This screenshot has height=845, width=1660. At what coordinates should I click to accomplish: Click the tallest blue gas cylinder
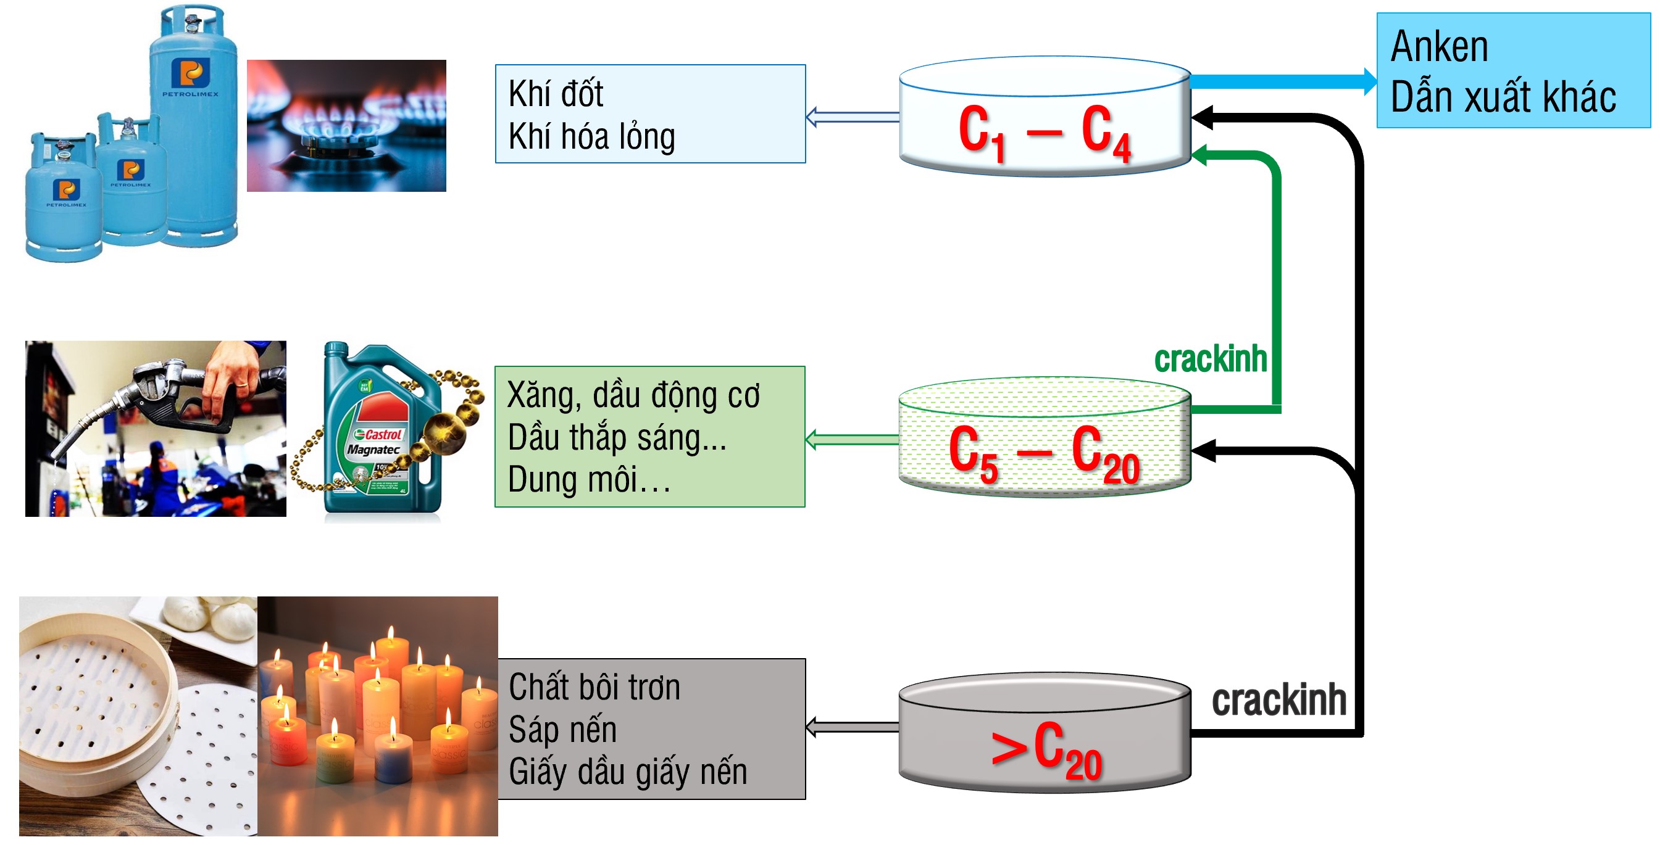[193, 129]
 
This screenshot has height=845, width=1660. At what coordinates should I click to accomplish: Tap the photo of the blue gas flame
[346, 126]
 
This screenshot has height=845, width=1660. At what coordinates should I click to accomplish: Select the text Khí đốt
[556, 93]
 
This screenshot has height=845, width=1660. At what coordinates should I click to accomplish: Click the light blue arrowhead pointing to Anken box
[1369, 82]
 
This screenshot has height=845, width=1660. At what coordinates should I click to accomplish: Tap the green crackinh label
[1210, 360]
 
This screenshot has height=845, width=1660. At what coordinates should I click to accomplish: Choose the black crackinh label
[1278, 700]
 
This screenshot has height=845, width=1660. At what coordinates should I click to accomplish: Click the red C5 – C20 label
[1044, 453]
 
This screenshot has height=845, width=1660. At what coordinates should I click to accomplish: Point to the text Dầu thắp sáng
[616, 438]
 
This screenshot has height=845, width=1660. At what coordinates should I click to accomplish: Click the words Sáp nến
[562, 730]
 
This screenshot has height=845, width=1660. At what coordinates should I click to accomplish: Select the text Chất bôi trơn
[594, 687]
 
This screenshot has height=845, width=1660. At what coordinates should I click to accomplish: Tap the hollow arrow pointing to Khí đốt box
[813, 117]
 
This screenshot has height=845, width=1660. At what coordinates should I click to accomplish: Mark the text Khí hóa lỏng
[591, 136]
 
